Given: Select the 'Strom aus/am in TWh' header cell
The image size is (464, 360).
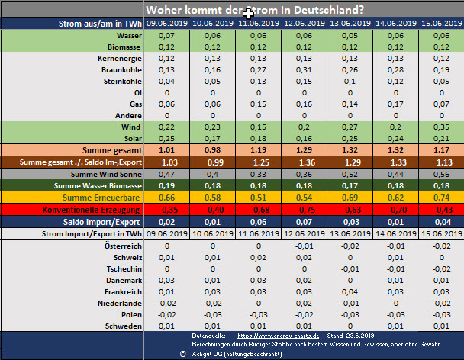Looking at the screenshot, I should pyautogui.click(x=100, y=24).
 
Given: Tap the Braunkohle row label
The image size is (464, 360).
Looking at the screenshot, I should pyautogui.click(x=120, y=69).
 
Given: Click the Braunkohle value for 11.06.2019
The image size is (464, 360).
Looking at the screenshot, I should pyautogui.click(x=259, y=69).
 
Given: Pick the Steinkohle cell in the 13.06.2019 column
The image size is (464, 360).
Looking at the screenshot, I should pyautogui.click(x=350, y=81).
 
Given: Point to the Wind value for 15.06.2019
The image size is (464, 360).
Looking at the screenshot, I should pyautogui.click(x=442, y=126).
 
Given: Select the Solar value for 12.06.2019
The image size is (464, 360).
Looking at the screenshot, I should pyautogui.click(x=304, y=137).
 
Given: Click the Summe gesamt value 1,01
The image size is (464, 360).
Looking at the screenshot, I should pyautogui.click(x=167, y=150).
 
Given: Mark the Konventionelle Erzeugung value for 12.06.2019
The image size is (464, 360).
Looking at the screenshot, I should pyautogui.click(x=304, y=209).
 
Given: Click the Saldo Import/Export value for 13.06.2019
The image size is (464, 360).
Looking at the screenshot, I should pyautogui.click(x=350, y=221).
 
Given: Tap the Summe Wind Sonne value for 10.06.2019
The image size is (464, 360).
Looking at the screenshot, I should pyautogui.click(x=213, y=174).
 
